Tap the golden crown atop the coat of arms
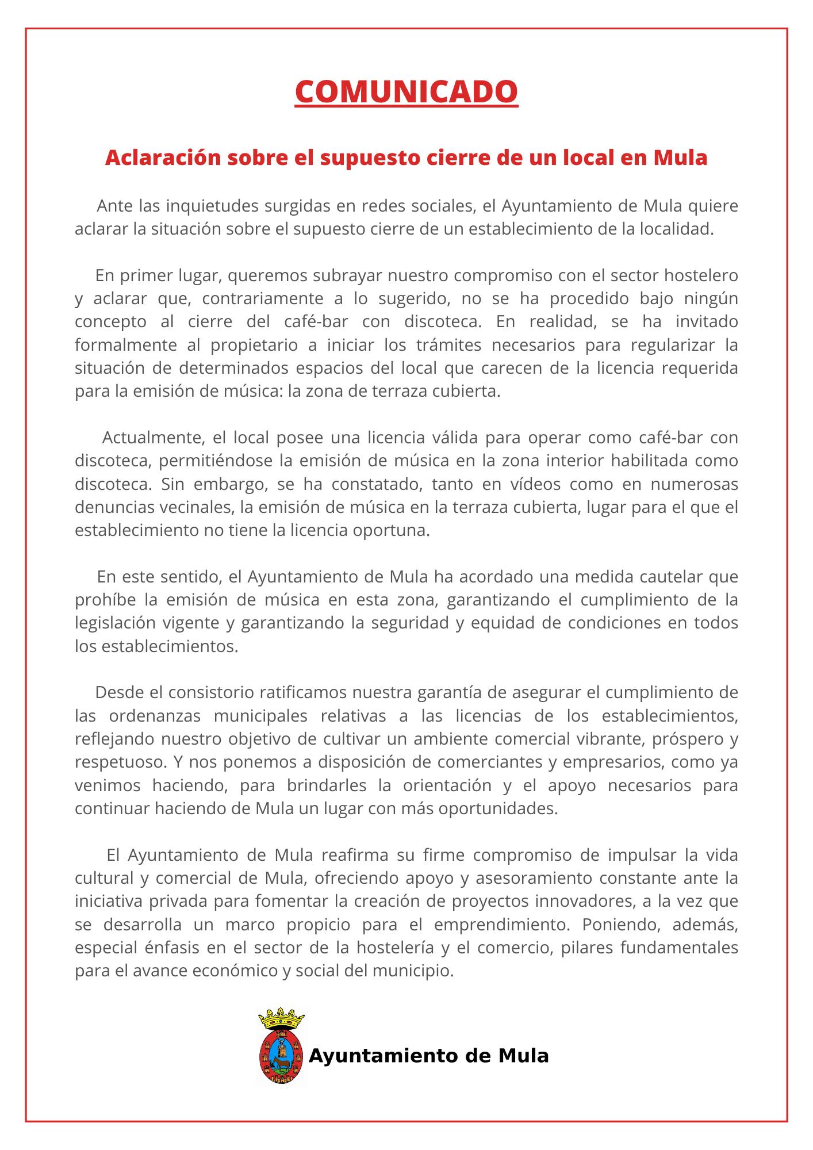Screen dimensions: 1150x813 (x=281, y=1019)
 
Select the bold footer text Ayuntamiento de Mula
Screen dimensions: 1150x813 (x=429, y=1056)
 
